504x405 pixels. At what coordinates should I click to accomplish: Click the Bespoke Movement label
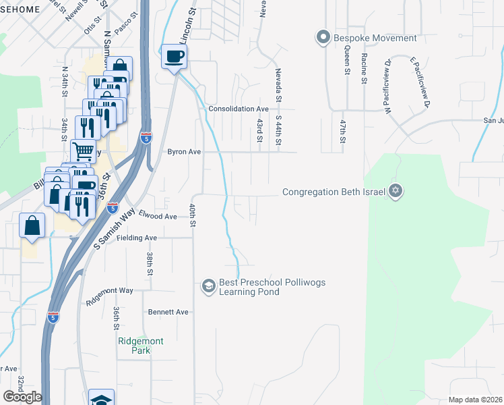pyautogui.click(x=375, y=38)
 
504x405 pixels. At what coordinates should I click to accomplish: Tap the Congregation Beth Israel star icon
pyautogui.click(x=396, y=192)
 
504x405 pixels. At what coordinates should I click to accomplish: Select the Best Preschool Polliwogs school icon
pyautogui.click(x=208, y=287)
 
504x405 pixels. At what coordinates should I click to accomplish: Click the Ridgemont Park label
pyautogui.click(x=140, y=346)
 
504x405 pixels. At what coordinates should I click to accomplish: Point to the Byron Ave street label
pyautogui.click(x=184, y=153)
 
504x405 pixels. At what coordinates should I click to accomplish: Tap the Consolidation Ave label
pyautogui.click(x=239, y=109)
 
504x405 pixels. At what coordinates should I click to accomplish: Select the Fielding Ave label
pyautogui.click(x=137, y=238)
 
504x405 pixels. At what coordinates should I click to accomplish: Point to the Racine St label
pyautogui.click(x=363, y=69)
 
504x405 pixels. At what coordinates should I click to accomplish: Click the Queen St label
pyautogui.click(x=346, y=60)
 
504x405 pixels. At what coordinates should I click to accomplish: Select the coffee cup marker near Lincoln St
pyautogui.click(x=174, y=56)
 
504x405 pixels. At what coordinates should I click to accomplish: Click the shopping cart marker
pyautogui.click(x=83, y=150)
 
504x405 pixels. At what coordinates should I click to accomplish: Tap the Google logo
pyautogui.click(x=22, y=397)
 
